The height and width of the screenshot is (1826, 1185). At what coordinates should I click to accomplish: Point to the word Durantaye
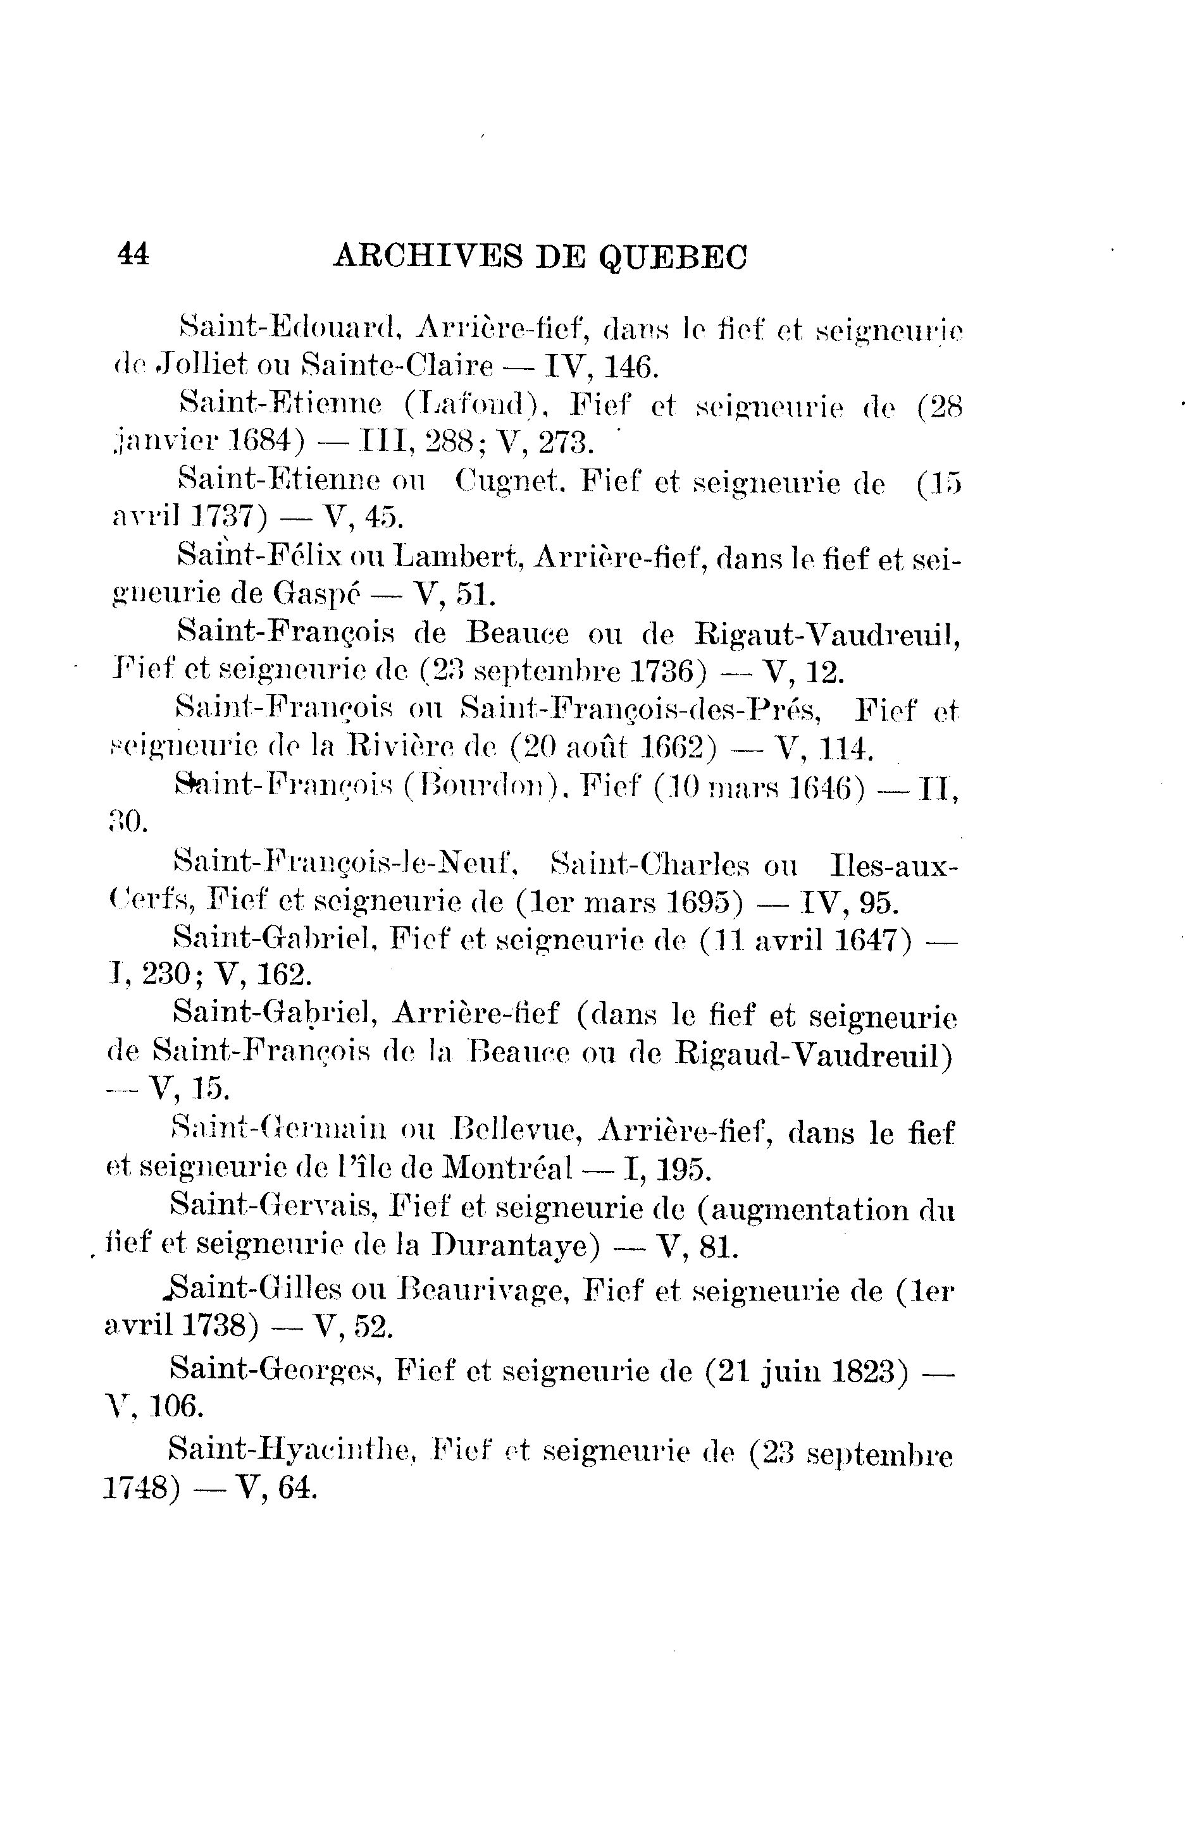514,1244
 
